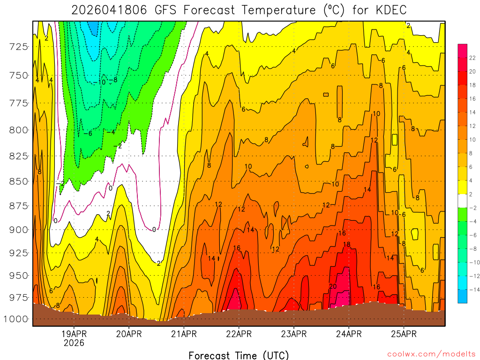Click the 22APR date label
pos(239,334)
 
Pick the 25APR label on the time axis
pos(404,334)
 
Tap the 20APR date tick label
pos(129,334)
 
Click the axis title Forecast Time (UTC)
pos(239,355)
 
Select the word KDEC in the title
pos(388,10)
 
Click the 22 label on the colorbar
pos(472,58)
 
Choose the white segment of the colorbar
pos(462,201)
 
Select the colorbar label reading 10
pos(472,140)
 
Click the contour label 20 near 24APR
pos(333,286)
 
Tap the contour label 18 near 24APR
pos(347,245)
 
